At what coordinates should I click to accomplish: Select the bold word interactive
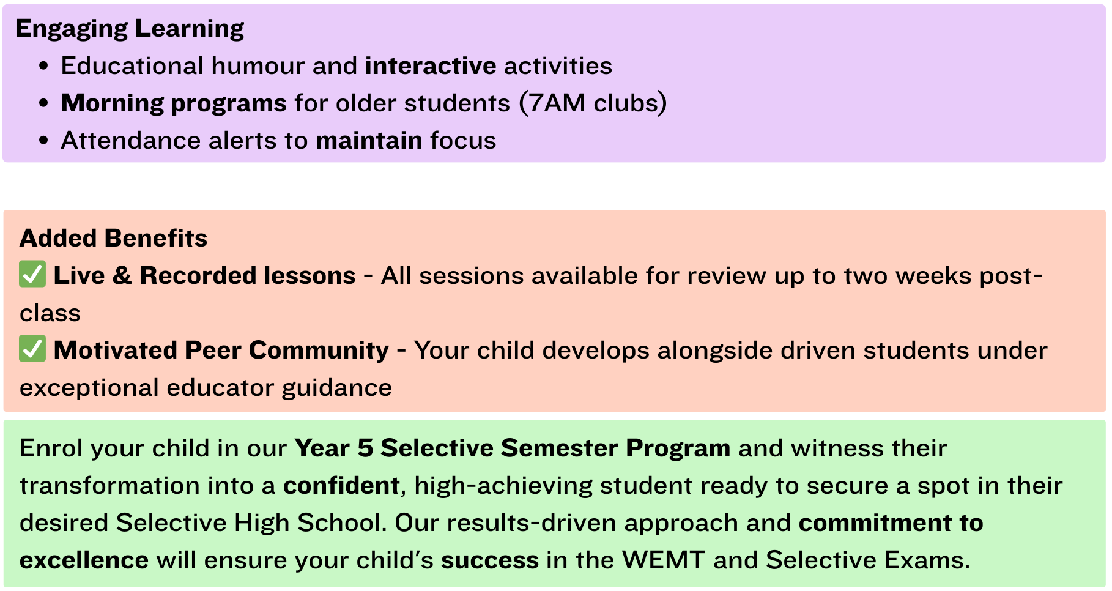(x=431, y=65)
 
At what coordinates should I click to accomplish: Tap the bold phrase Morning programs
(x=174, y=103)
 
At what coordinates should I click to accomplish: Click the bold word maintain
(x=369, y=140)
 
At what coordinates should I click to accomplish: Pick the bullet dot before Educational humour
(x=43, y=66)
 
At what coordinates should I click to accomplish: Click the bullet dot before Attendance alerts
(x=43, y=141)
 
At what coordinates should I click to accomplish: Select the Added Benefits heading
(x=114, y=238)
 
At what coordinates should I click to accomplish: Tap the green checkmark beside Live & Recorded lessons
(x=32, y=275)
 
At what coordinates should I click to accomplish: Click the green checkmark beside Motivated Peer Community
(x=32, y=349)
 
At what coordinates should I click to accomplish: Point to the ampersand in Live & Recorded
(x=122, y=275)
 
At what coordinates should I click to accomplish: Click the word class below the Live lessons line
(x=50, y=313)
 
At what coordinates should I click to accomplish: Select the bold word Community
(x=319, y=350)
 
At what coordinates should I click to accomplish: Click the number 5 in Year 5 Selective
(x=365, y=448)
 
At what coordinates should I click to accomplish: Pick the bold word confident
(x=341, y=485)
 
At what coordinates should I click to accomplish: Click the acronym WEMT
(x=663, y=560)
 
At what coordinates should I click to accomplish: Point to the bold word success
(x=490, y=560)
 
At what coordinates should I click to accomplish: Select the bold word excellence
(x=84, y=560)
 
